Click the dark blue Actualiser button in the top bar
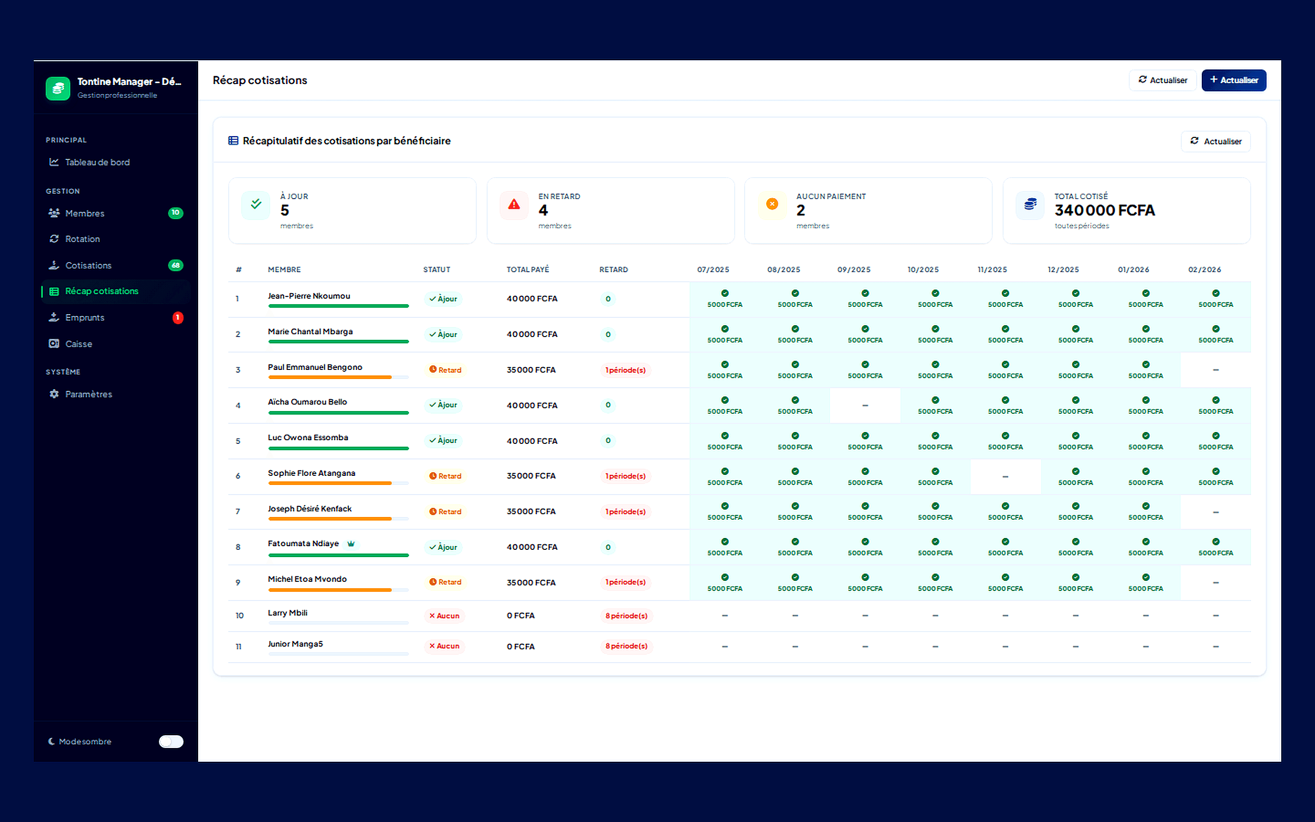click(1233, 80)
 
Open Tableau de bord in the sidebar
click(97, 162)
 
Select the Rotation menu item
click(82, 239)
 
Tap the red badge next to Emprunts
click(178, 317)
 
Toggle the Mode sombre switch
click(171, 742)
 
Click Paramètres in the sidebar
click(88, 394)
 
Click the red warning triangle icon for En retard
click(514, 205)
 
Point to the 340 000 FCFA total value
click(1104, 211)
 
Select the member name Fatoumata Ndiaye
click(303, 543)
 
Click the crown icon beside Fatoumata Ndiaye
click(351, 543)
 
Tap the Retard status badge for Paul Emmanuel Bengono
click(445, 370)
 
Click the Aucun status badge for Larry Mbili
click(444, 616)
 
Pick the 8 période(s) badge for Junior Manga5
click(626, 646)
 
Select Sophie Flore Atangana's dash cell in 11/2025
click(1005, 477)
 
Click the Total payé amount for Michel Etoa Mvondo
click(531, 583)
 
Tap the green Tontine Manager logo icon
click(58, 88)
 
